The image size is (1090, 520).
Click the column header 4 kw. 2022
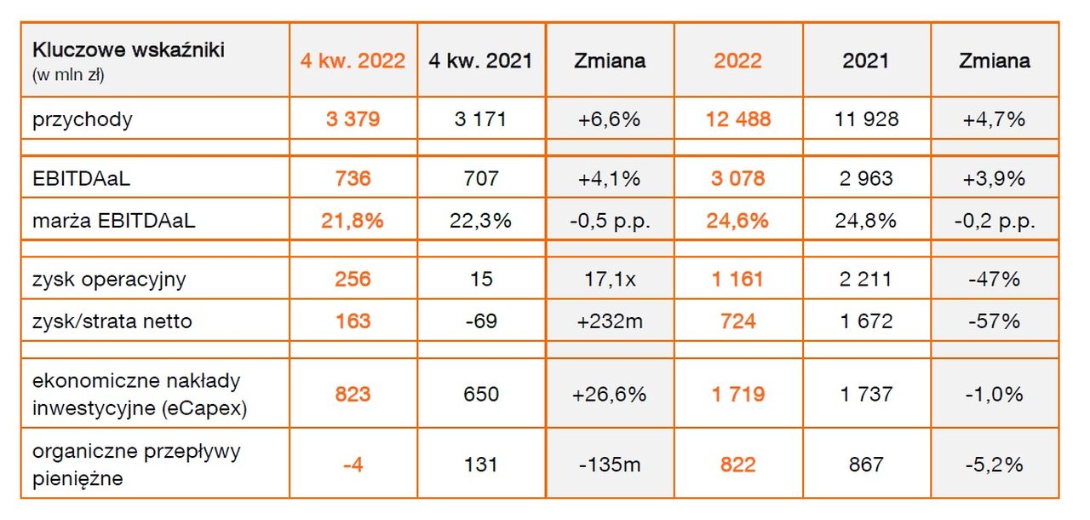(x=353, y=61)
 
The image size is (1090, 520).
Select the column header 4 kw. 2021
(x=481, y=61)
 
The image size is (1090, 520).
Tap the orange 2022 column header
(x=737, y=61)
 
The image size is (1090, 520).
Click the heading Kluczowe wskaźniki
(x=128, y=50)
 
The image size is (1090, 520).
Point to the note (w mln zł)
(x=68, y=75)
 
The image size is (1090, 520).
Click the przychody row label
(x=83, y=119)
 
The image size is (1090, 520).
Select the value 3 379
(x=353, y=119)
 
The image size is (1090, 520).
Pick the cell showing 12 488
(x=737, y=119)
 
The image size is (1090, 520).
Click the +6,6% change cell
(x=609, y=119)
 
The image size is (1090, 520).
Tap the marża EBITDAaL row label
(x=114, y=221)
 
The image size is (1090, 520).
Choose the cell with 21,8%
(x=353, y=221)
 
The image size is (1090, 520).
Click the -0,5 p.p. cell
(x=609, y=221)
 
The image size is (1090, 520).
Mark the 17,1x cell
(x=609, y=280)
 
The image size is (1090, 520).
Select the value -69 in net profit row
(x=481, y=321)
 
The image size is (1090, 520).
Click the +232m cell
(x=609, y=321)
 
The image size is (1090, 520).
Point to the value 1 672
(x=866, y=321)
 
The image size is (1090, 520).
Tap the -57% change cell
(x=994, y=321)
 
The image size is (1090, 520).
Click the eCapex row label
(x=140, y=395)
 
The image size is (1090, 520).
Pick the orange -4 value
(x=353, y=465)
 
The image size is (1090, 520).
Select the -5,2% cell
(x=994, y=465)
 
